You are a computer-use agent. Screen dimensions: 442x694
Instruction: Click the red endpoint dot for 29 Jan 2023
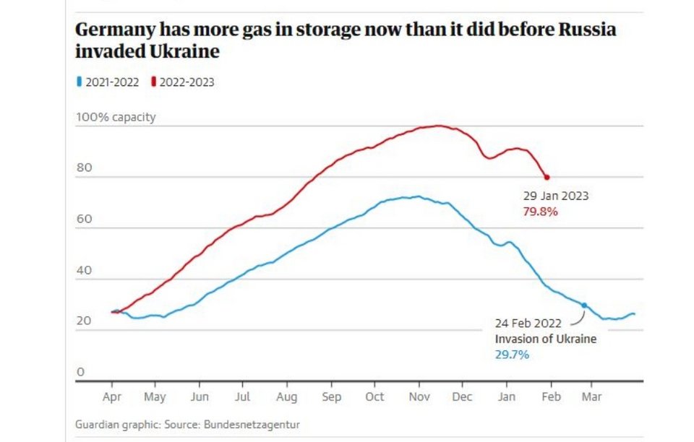click(x=547, y=177)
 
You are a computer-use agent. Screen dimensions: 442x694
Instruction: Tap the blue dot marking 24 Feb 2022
click(x=584, y=305)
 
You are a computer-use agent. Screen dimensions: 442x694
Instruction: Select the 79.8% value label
click(x=540, y=212)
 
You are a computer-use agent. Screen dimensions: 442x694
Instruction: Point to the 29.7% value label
click(x=512, y=355)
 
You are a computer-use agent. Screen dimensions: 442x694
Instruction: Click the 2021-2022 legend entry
click(x=108, y=82)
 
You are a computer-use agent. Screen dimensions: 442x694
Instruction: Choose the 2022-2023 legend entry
click(x=183, y=82)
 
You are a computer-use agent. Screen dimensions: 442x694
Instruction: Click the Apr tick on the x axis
click(x=112, y=396)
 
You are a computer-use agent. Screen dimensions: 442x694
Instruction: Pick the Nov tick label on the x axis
click(x=419, y=396)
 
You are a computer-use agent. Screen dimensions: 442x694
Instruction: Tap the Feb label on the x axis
click(x=552, y=396)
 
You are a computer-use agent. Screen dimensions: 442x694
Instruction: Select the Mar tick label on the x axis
click(x=592, y=396)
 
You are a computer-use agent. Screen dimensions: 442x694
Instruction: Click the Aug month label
click(x=287, y=396)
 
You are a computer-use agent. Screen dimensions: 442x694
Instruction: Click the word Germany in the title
click(x=113, y=31)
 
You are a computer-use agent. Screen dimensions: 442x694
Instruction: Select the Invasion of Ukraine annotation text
click(x=546, y=339)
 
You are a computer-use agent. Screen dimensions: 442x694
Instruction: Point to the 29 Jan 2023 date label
click(x=556, y=196)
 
